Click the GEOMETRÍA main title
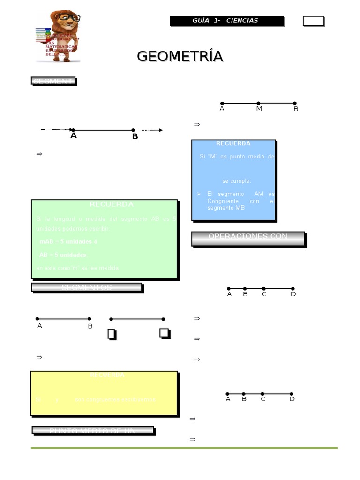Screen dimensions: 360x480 click(x=180, y=56)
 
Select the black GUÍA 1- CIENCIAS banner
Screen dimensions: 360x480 click(x=226, y=21)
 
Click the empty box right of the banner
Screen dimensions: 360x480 click(x=313, y=21)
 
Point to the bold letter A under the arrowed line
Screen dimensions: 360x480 click(x=73, y=136)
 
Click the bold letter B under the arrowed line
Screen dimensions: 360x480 click(x=135, y=137)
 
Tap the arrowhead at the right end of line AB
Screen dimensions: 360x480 click(x=160, y=130)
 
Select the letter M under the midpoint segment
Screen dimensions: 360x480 click(x=259, y=109)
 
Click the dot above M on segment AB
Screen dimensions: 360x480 click(x=258, y=103)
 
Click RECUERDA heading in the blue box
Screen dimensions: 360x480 click(x=233, y=143)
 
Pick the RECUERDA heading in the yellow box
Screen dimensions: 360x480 click(x=107, y=375)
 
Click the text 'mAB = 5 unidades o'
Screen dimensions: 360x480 click(x=68, y=242)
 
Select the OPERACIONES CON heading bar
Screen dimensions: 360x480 click(x=248, y=237)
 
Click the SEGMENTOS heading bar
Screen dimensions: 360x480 click(x=87, y=287)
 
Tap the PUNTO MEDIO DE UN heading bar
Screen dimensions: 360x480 click(x=92, y=430)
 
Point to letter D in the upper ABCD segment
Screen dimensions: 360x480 click(x=293, y=294)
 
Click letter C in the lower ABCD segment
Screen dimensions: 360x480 click(x=263, y=399)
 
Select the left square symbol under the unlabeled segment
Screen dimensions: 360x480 click(x=112, y=334)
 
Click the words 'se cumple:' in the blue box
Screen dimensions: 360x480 click(x=236, y=181)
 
